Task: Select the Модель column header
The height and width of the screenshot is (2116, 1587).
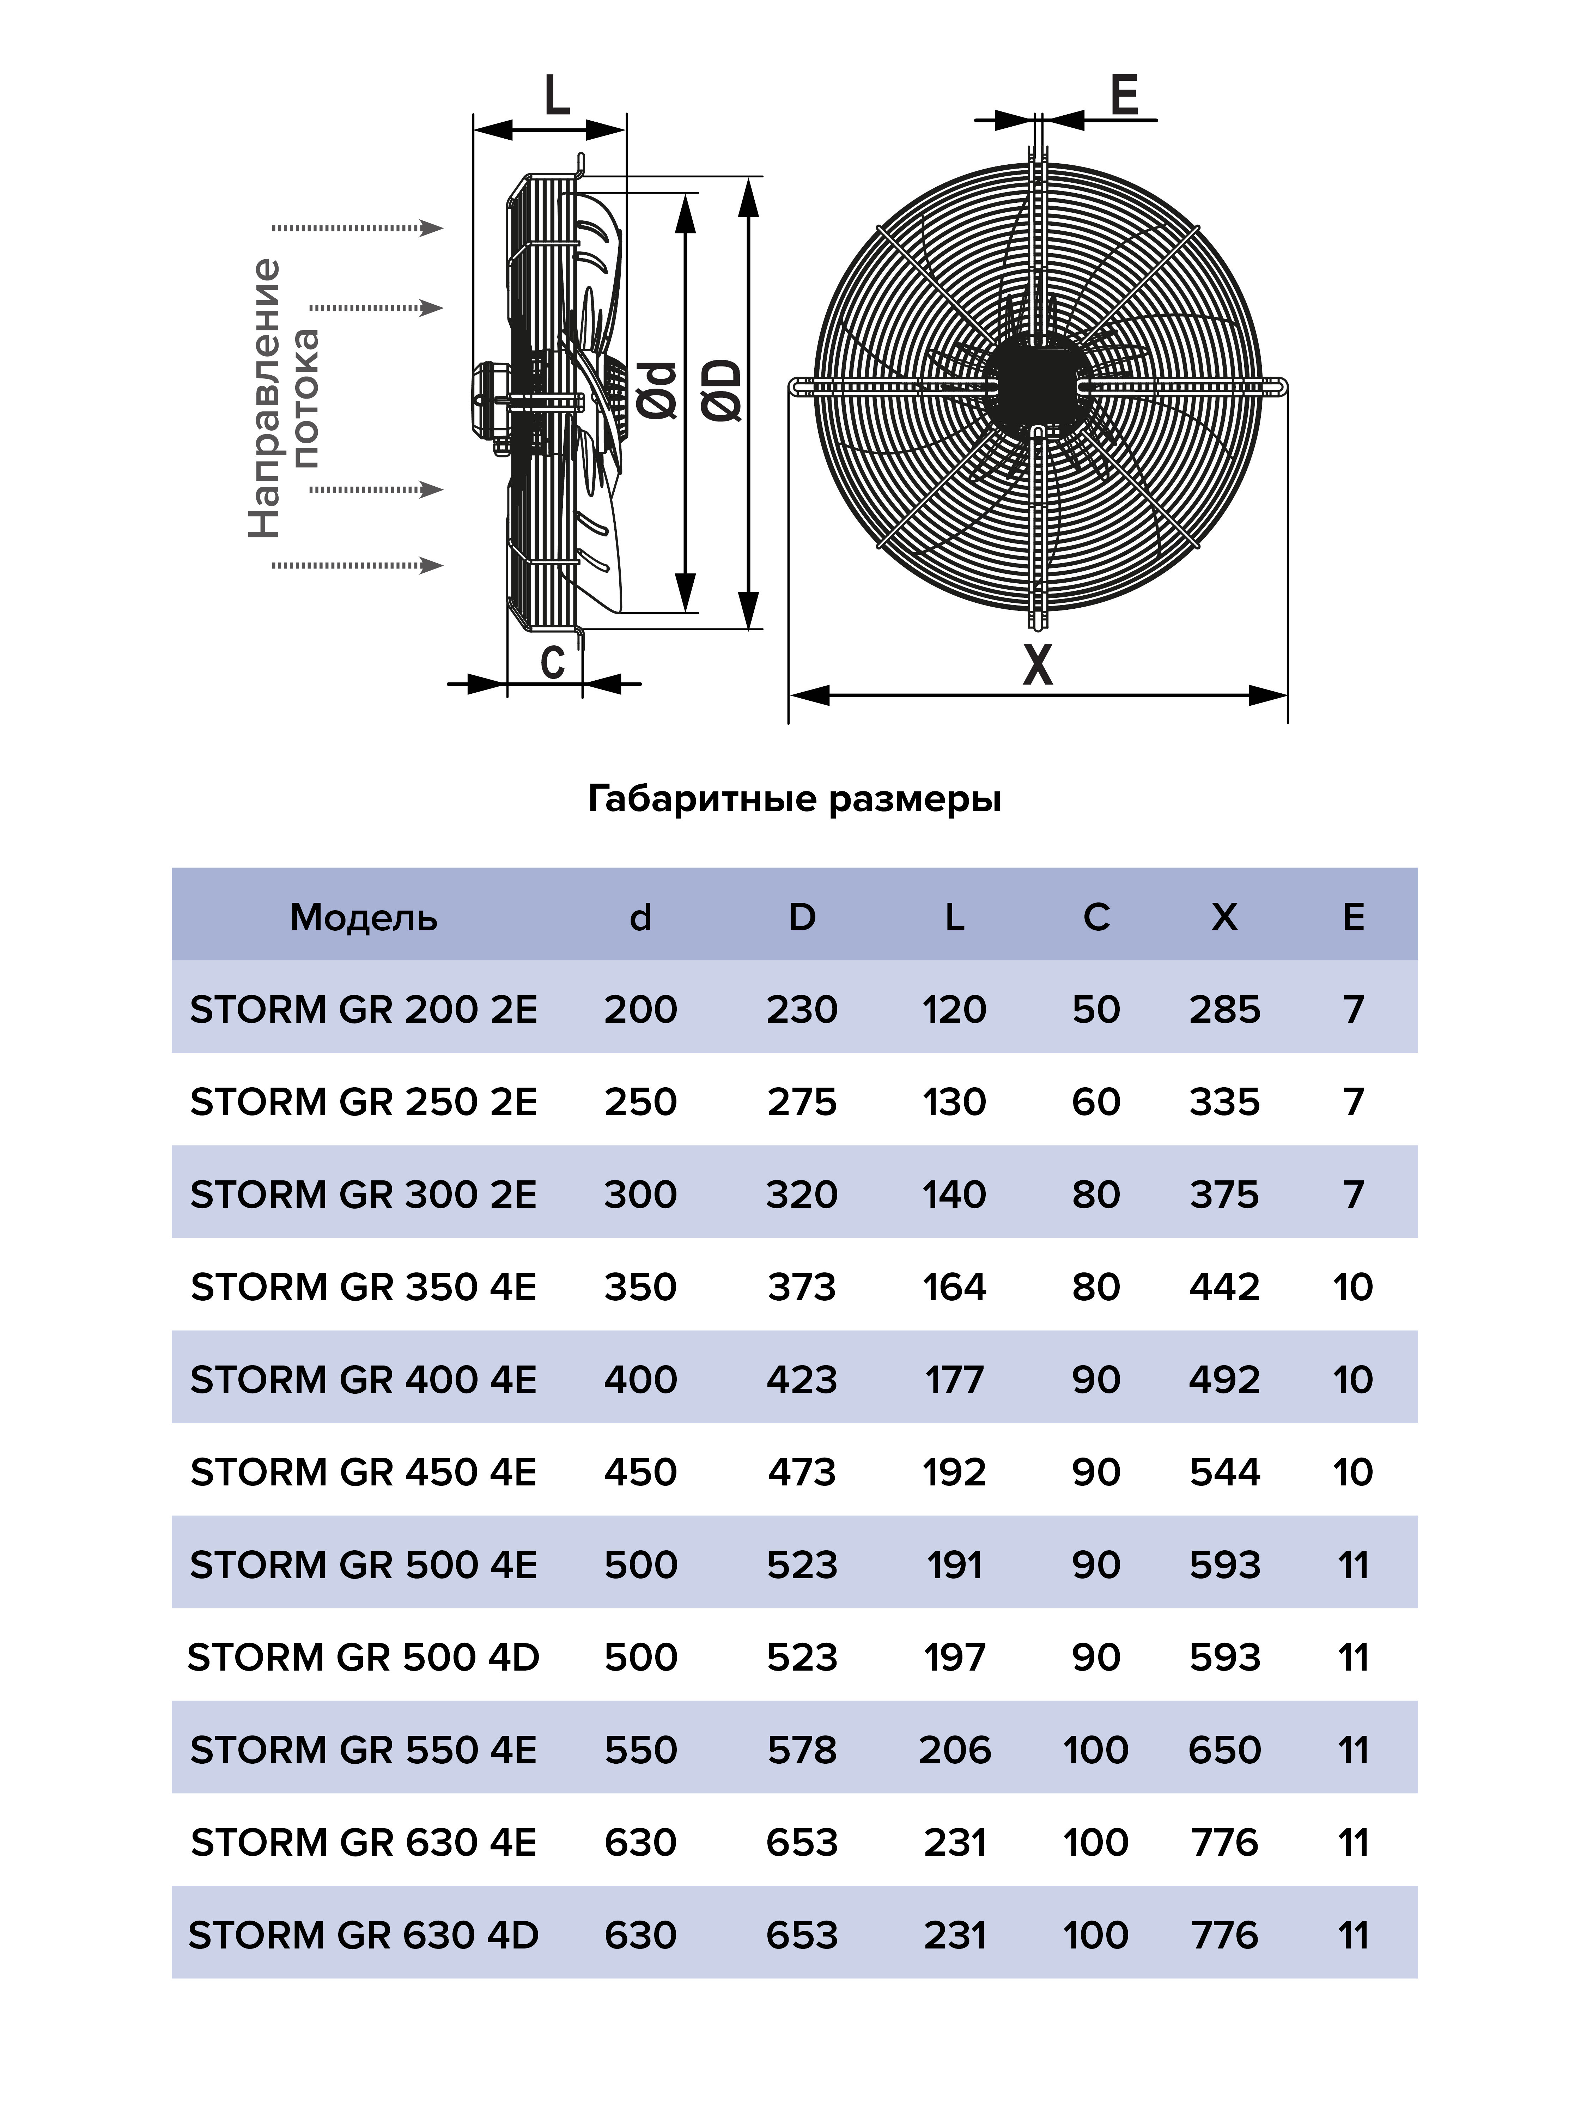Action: pyautogui.click(x=364, y=917)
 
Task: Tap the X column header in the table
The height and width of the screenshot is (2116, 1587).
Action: pyautogui.click(x=1224, y=917)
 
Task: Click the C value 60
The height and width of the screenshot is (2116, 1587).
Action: pyautogui.click(x=1095, y=1102)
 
